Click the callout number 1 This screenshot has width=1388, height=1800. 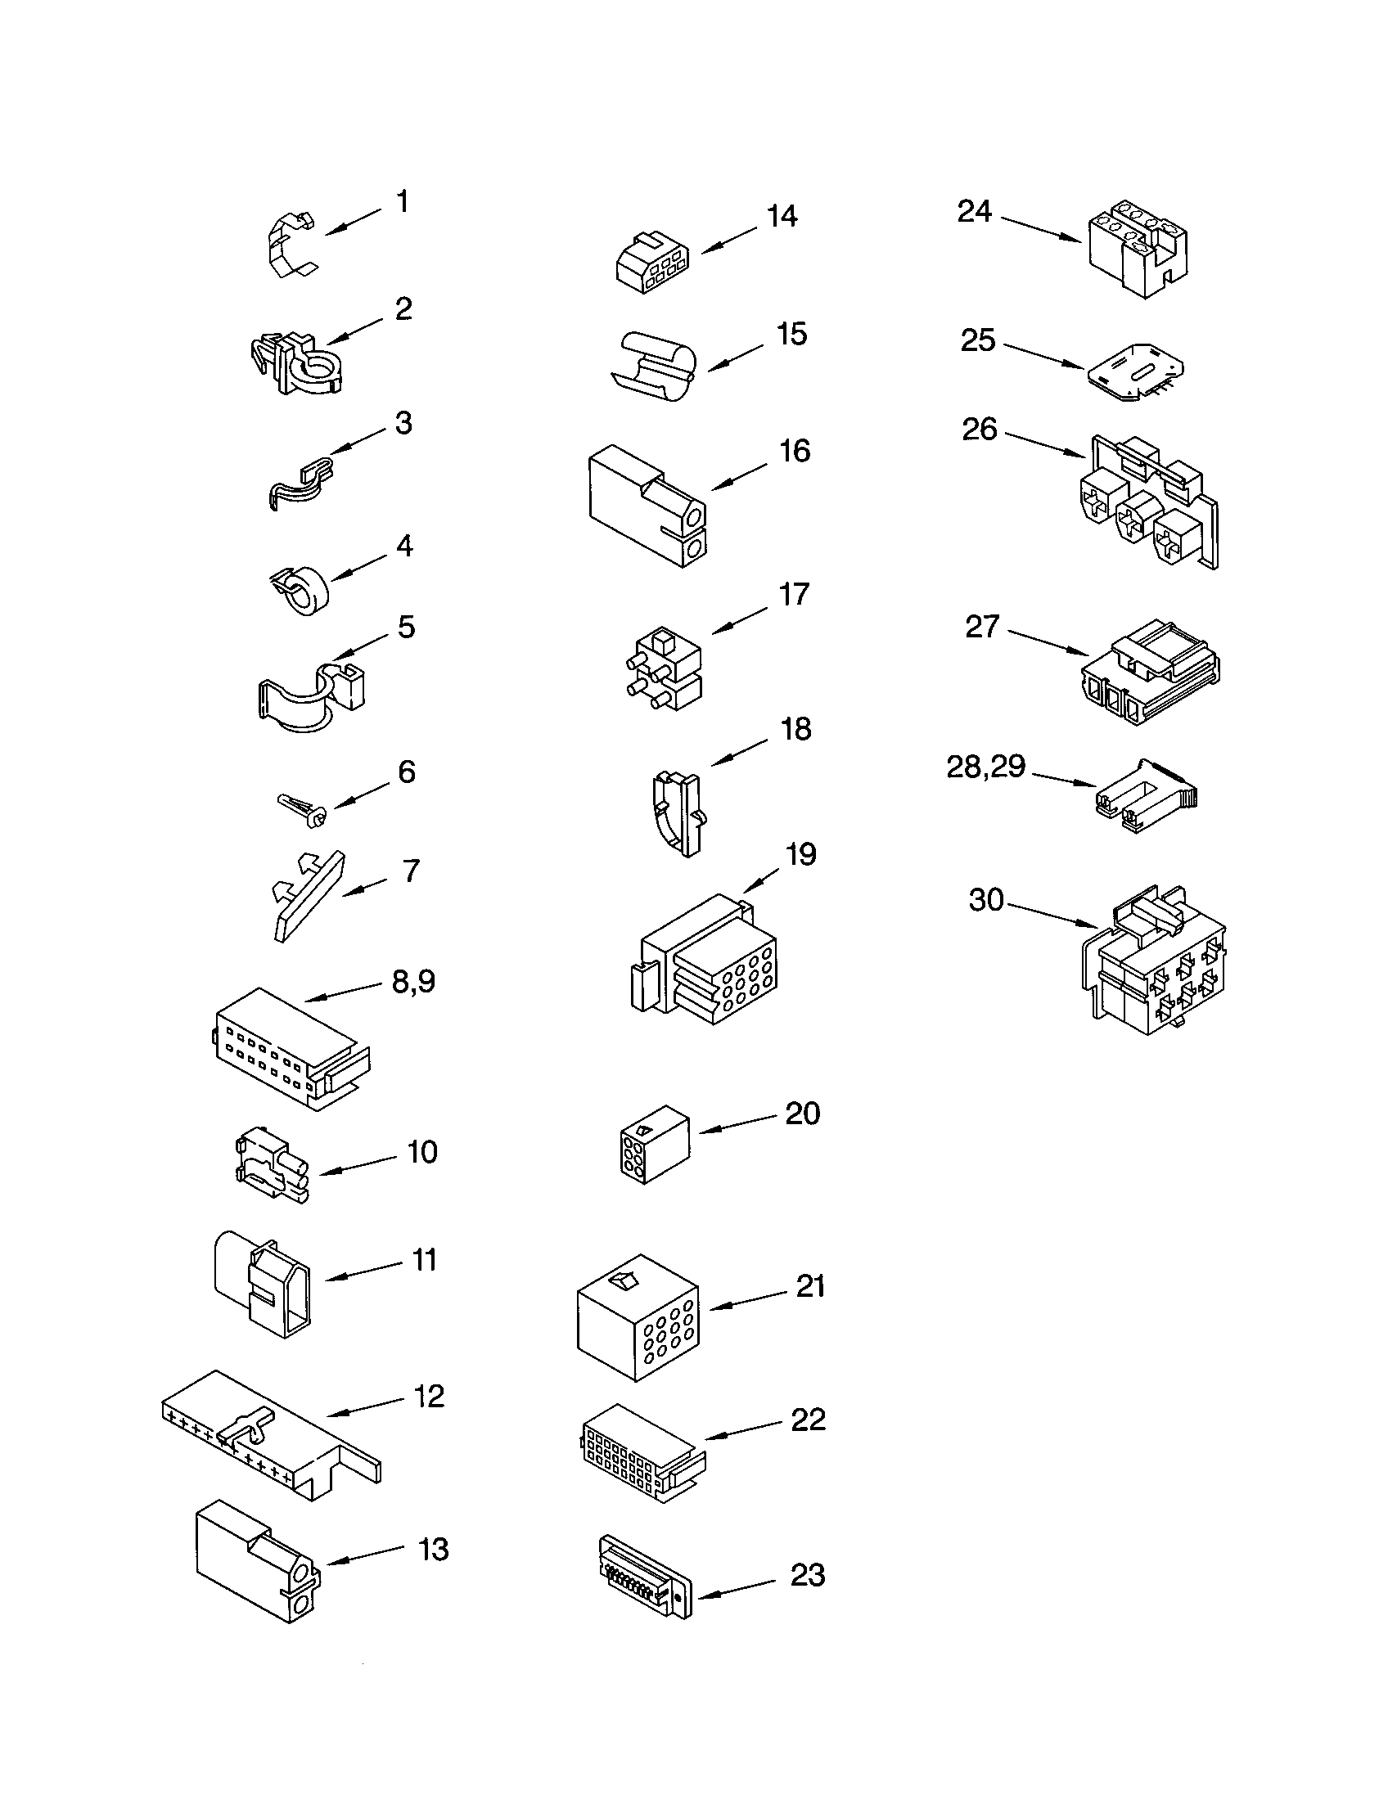coord(402,202)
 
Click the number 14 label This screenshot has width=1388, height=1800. coord(782,217)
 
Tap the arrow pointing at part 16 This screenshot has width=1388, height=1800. coord(737,476)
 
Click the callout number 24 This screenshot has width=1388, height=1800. coord(974,212)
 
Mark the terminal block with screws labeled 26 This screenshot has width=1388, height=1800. coord(1150,502)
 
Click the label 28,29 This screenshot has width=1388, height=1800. coord(986,767)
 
